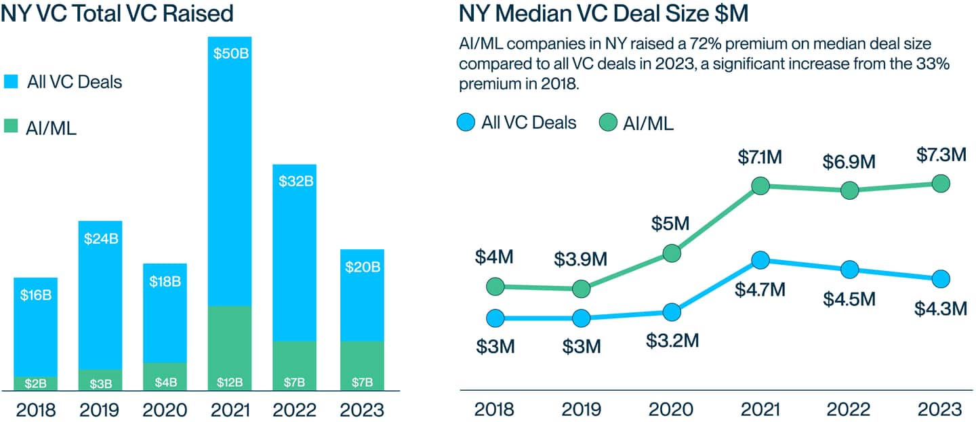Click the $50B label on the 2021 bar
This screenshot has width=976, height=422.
(230, 53)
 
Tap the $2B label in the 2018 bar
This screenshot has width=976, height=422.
(36, 383)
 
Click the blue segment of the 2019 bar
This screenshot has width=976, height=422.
(100, 298)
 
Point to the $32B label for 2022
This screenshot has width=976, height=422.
(294, 181)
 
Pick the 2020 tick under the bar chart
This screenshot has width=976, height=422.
(165, 410)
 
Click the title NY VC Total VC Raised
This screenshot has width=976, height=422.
(117, 14)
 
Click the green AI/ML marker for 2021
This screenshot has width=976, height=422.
(760, 186)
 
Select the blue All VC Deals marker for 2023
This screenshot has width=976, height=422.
(940, 278)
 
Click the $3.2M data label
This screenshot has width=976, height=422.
(671, 339)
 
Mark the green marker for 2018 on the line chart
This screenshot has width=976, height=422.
(496, 287)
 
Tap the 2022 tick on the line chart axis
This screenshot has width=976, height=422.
(850, 410)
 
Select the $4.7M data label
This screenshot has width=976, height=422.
(760, 290)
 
